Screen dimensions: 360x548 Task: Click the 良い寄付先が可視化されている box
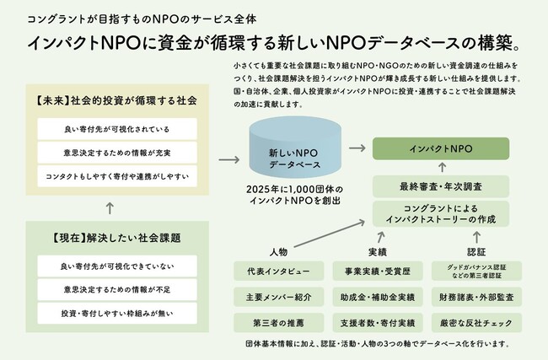tap(117, 129)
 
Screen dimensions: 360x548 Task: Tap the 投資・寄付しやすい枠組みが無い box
tap(117, 313)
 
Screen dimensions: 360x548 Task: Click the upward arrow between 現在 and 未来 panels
tap(110, 204)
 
